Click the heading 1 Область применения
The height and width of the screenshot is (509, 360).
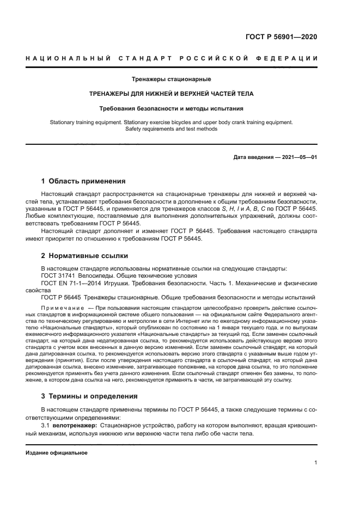84,181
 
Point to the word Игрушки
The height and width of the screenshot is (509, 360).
127,283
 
